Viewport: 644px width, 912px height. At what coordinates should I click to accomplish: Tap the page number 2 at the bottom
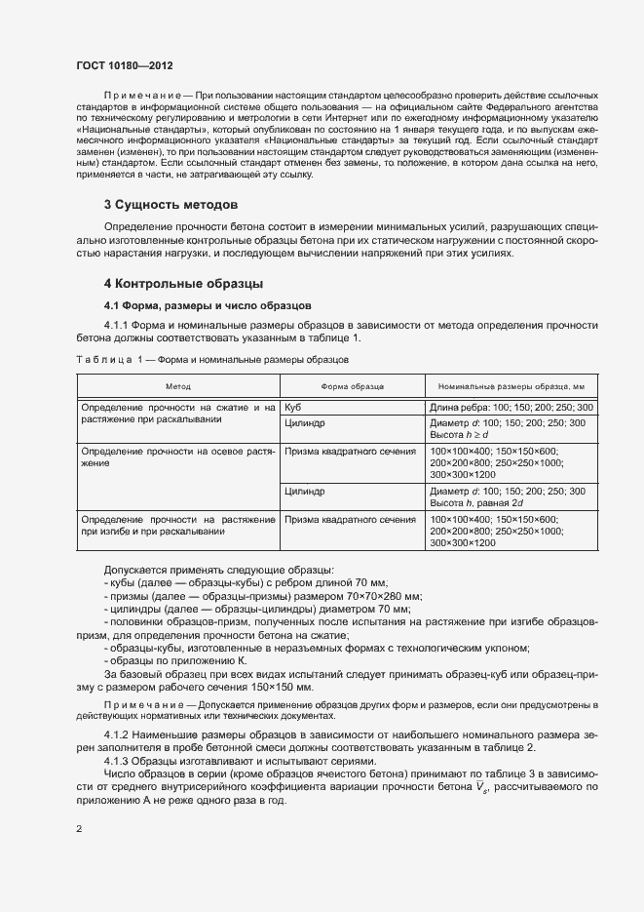(x=79, y=829)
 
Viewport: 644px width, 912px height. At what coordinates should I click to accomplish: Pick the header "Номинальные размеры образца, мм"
(x=511, y=387)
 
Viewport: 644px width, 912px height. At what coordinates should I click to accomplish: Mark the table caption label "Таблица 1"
(x=110, y=361)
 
